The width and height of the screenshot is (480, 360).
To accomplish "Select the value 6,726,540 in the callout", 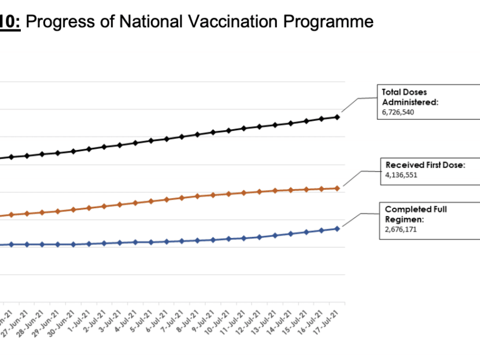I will [x=398, y=112].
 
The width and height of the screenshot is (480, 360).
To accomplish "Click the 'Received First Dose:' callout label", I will [x=425, y=165].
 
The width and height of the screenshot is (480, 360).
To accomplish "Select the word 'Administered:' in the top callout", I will [x=410, y=102].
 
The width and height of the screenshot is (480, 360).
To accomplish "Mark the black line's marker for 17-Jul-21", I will [x=337, y=117].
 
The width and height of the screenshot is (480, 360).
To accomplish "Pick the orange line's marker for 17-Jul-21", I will [x=337, y=188].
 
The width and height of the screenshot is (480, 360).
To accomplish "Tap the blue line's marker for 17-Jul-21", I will [x=337, y=229].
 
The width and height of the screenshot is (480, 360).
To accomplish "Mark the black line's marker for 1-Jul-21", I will [x=88, y=149].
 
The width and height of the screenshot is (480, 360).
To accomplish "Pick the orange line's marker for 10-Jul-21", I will [x=228, y=193].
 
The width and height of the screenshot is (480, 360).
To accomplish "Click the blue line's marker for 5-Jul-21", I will [x=150, y=242].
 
